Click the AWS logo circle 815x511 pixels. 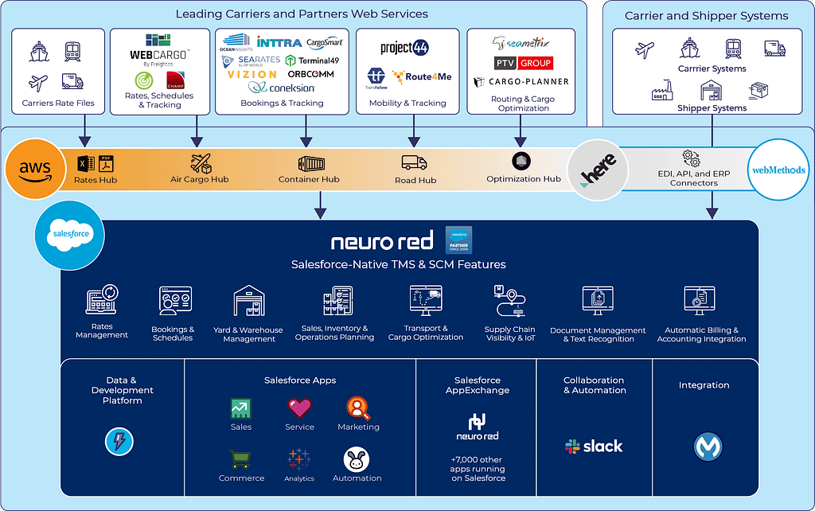click(x=35, y=168)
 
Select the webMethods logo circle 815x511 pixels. click(x=778, y=170)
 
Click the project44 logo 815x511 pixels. click(x=405, y=48)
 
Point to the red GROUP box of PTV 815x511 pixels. click(x=536, y=63)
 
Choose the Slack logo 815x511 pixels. click(x=594, y=447)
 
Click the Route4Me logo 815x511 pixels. click(x=422, y=77)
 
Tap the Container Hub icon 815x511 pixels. click(x=311, y=164)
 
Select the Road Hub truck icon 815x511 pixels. click(x=414, y=162)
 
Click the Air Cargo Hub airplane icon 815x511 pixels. click(x=201, y=163)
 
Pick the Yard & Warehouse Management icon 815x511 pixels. click(x=249, y=302)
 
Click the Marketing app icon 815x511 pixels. click(x=358, y=408)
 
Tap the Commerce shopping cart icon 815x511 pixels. click(x=241, y=459)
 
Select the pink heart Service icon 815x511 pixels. click(x=299, y=408)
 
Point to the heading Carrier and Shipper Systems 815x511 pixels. click(x=706, y=16)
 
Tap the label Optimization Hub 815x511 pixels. click(x=524, y=179)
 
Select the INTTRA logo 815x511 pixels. click(x=279, y=41)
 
